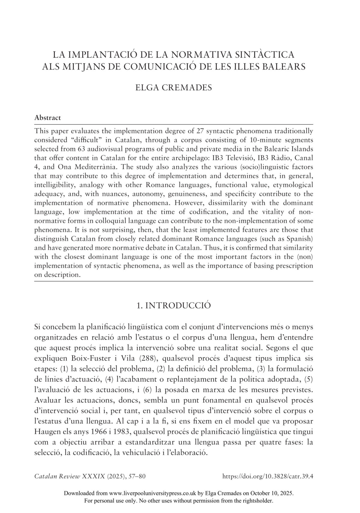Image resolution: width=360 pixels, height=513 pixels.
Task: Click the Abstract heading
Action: tap(47, 118)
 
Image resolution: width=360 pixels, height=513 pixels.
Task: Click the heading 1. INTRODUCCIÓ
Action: tap(174, 305)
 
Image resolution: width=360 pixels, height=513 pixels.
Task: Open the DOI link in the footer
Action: tap(268, 476)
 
